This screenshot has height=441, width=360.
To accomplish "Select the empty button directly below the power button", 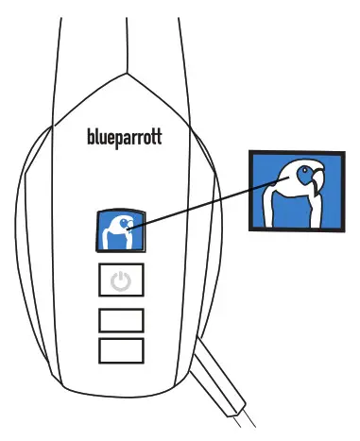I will [121, 319].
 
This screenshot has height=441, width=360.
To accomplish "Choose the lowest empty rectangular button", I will [121, 350].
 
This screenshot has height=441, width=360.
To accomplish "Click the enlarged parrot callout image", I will [294, 188].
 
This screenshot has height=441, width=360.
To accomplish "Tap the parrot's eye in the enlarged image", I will [303, 176].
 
